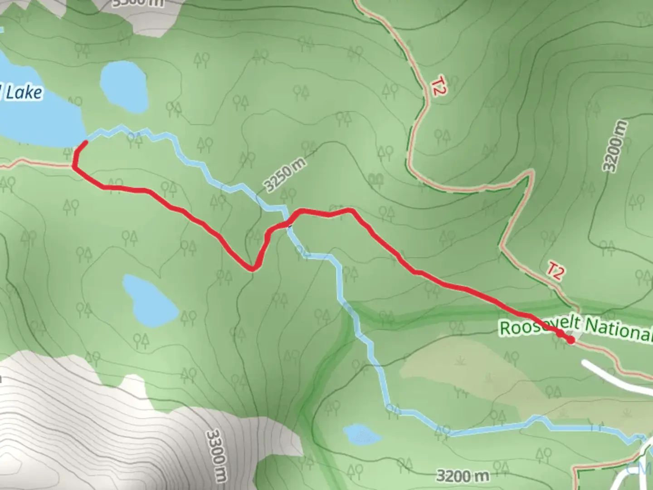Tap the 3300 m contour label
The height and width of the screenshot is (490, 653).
pyautogui.click(x=217, y=456)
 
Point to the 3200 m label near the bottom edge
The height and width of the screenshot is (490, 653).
pyautogui.click(x=462, y=475)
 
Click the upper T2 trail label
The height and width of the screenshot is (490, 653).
pyautogui.click(x=436, y=86)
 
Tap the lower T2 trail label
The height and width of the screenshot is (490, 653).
pyautogui.click(x=554, y=271)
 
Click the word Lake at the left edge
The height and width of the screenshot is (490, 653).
pyautogui.click(x=24, y=93)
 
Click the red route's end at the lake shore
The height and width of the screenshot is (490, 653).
pyautogui.click(x=85, y=143)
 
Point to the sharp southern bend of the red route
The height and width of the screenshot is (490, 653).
pyautogui.click(x=252, y=269)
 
